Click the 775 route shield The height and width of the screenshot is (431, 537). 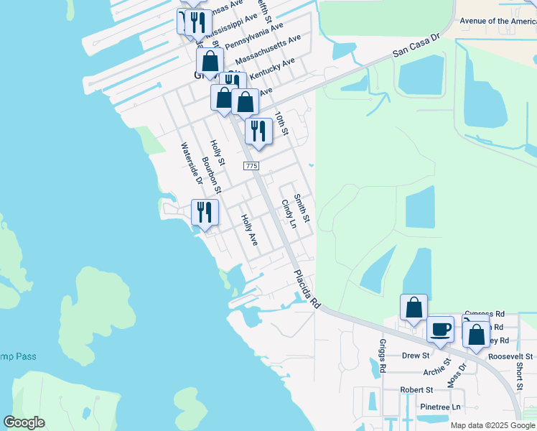click(251, 166)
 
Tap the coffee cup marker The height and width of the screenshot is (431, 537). click(441, 330)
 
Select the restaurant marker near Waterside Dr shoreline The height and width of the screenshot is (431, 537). click(205, 213)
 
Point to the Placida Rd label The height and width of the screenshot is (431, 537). click(306, 289)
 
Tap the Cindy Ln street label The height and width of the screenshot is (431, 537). click(289, 213)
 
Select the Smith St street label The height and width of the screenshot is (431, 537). click(302, 208)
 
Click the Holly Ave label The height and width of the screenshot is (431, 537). click(248, 230)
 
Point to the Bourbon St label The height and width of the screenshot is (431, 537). click(211, 176)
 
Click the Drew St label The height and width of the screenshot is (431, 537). click(415, 356)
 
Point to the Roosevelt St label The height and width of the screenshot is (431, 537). click(510, 356)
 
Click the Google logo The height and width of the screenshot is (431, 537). click(24, 422)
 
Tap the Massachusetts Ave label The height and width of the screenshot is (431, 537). click(268, 48)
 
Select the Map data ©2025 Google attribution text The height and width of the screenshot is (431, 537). click(492, 425)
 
